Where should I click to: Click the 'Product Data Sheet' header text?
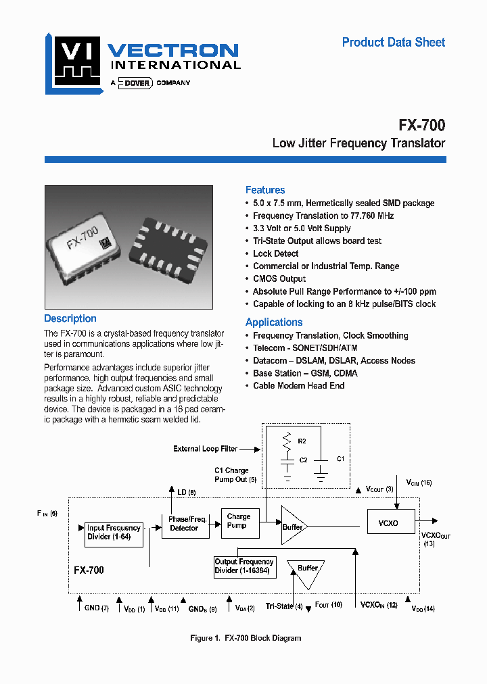click(393, 43)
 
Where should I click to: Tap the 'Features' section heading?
click(265, 190)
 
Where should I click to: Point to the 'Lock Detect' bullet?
click(275, 253)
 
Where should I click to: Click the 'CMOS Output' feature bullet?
click(279, 278)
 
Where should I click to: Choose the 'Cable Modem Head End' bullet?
click(298, 385)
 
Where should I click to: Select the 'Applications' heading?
click(274, 322)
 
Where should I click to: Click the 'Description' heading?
click(70, 318)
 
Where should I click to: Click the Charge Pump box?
click(239, 521)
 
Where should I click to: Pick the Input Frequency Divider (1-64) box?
click(114, 533)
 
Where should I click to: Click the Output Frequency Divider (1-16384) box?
click(244, 566)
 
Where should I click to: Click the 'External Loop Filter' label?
click(205, 449)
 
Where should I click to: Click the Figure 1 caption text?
click(245, 638)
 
